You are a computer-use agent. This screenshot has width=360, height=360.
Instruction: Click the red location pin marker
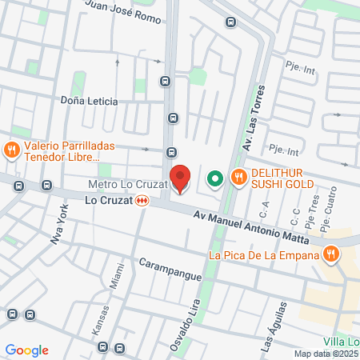(181, 178)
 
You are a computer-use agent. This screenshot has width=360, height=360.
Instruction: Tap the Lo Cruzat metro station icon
(142, 202)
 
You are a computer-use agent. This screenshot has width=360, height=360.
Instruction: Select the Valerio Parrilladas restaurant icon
(11, 149)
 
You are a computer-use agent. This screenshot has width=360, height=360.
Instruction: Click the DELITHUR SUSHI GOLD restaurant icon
(238, 178)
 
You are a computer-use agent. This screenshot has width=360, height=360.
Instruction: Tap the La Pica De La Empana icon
(331, 255)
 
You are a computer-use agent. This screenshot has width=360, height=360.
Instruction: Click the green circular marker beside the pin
(214, 178)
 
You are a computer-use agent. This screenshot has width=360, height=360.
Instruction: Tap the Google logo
(26, 350)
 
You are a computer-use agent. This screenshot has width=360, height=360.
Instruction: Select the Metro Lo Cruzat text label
(127, 185)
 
